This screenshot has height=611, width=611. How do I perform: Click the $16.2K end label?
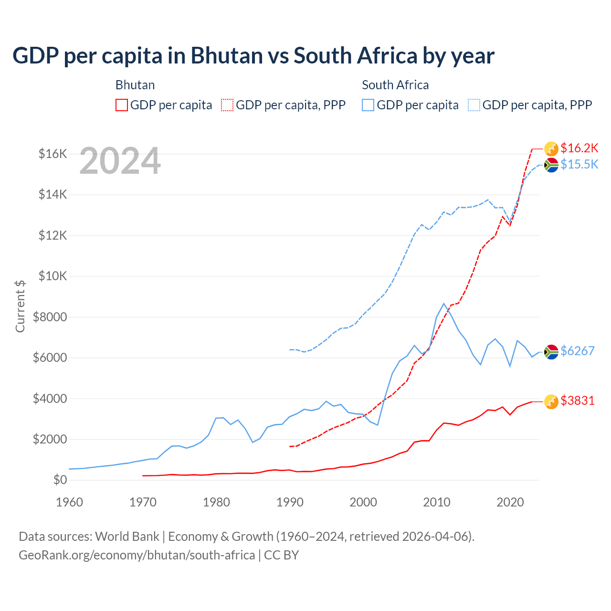coord(579,148)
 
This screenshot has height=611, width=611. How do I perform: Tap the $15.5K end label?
coord(579,164)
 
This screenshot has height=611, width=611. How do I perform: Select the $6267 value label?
coord(577,351)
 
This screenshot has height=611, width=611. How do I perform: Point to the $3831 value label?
coord(577,400)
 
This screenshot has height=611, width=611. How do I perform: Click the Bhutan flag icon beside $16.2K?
coord(551,148)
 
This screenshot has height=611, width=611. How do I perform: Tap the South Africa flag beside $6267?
coord(551,352)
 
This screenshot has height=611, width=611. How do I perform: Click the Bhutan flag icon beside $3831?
coord(551,402)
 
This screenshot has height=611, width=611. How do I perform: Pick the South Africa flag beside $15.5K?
coord(551,165)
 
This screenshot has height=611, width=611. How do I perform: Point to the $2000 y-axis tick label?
coord(50,439)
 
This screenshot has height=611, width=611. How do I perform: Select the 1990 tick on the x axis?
coord(290,502)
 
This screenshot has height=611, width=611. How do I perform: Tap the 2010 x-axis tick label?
coord(437,502)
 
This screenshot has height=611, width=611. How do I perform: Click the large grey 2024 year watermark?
coord(120,161)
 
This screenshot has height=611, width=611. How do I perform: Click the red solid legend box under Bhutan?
coord(122,105)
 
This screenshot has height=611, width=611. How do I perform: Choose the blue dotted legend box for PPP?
coord(474,105)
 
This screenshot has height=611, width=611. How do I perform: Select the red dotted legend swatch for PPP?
coord(227,105)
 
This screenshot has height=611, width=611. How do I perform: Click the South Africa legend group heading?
coord(395,85)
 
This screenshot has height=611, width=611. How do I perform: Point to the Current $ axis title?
coord(20,306)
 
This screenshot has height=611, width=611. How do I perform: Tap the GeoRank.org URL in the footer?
coord(137,555)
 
